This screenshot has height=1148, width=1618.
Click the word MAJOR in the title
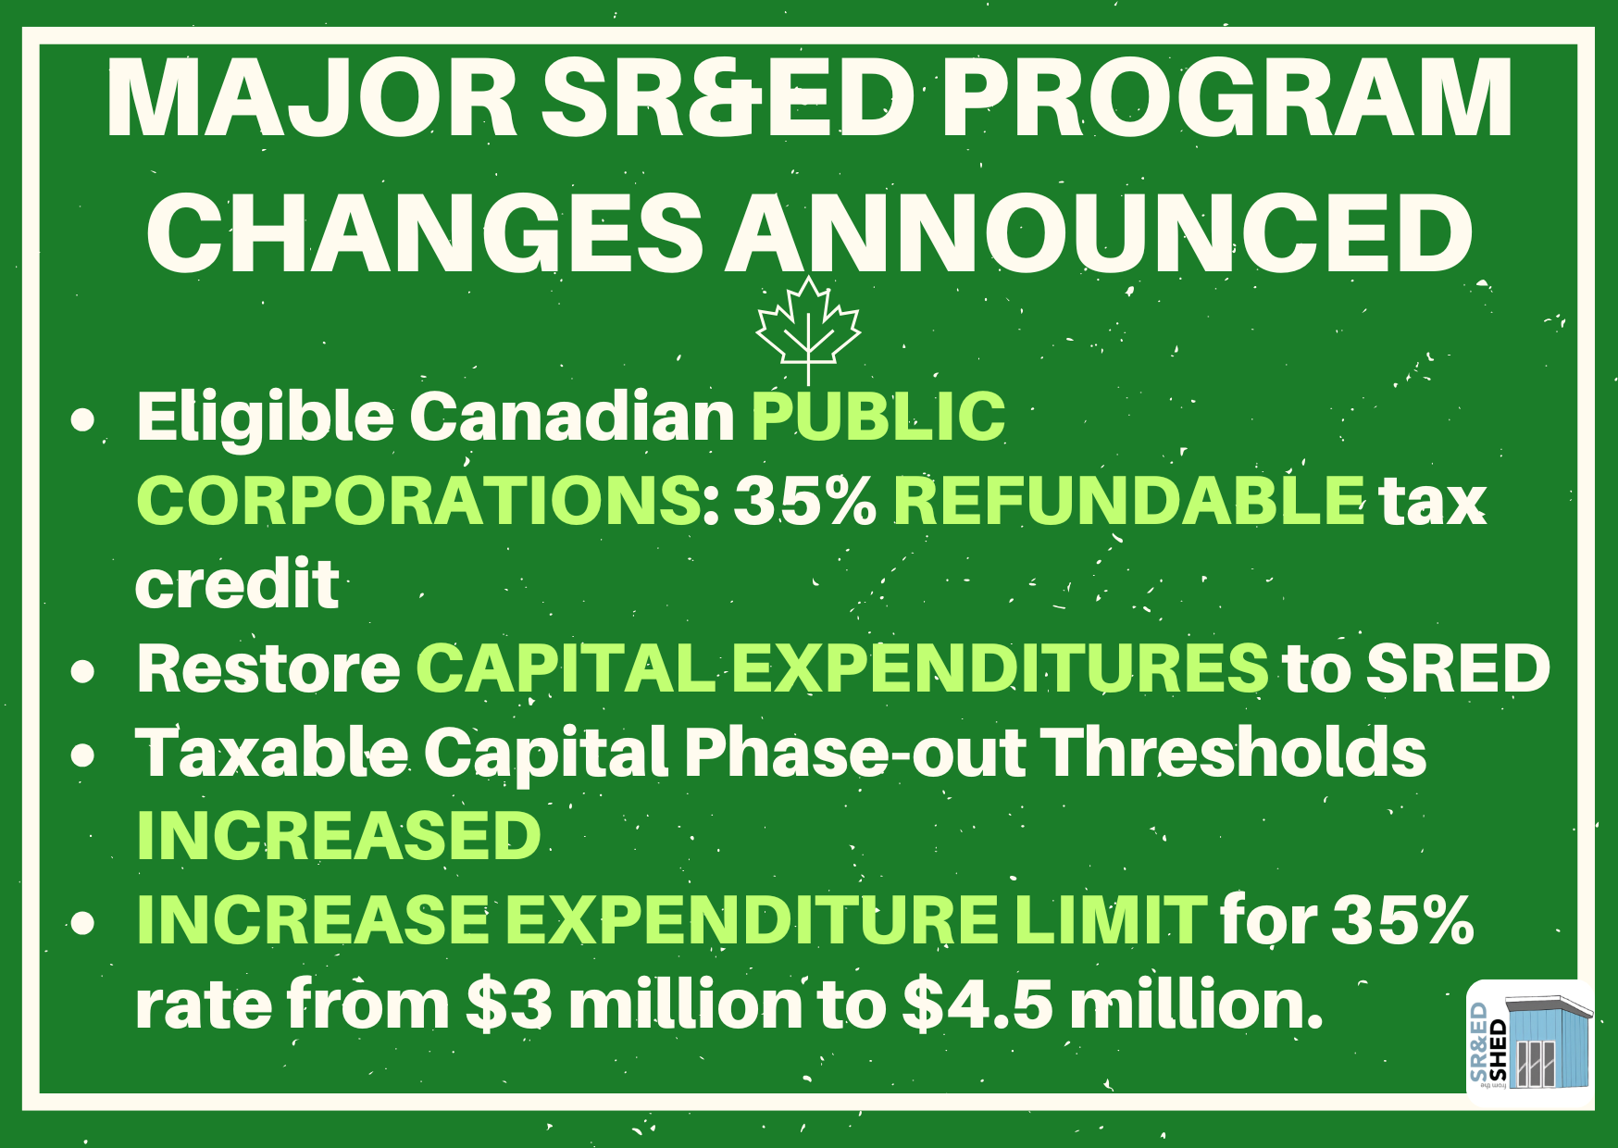312,100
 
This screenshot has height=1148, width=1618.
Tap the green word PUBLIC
877,416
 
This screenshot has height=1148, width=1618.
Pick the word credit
237,584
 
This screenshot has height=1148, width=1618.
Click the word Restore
268,668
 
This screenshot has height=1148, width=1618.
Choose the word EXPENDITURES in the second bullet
1000,668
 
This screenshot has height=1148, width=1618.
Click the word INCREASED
339,836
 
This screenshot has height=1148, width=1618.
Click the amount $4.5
977,1004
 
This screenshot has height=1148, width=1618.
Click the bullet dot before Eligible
83,419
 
